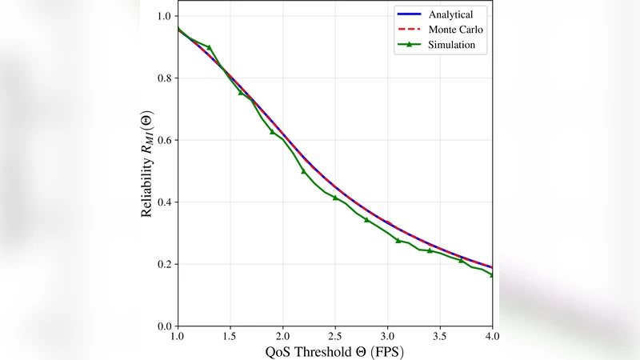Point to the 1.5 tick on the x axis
click(230, 336)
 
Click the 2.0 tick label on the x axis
click(282, 336)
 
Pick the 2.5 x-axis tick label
click(335, 336)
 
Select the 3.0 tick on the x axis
click(387, 336)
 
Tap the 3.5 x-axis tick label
click(440, 336)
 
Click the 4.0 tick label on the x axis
click(492, 336)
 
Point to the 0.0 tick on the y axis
click(164, 326)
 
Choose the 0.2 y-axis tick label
click(164, 264)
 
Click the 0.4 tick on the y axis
click(164, 202)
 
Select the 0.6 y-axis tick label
click(164, 140)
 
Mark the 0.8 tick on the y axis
click(164, 78)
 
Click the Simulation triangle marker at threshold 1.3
click(209, 47)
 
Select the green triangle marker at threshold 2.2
click(303, 171)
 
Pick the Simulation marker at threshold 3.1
click(398, 240)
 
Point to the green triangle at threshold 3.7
click(461, 260)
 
